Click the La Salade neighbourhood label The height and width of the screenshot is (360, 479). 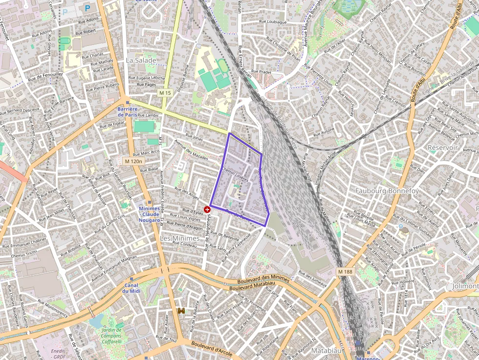tap(141, 61)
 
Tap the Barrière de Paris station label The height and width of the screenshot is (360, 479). tap(128, 111)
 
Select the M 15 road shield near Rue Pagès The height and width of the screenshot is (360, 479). tap(165, 93)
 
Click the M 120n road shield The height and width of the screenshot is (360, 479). tap(132, 161)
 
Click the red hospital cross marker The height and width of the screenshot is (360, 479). tap(207, 209)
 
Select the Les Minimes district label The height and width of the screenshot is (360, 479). tap(180, 238)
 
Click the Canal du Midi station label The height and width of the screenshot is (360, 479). tap(131, 288)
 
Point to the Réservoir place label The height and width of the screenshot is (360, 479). tap(442, 147)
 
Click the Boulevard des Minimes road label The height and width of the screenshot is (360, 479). tap(263, 280)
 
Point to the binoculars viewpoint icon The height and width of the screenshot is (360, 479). tap(181, 311)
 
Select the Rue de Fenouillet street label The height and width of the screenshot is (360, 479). tap(45, 77)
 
